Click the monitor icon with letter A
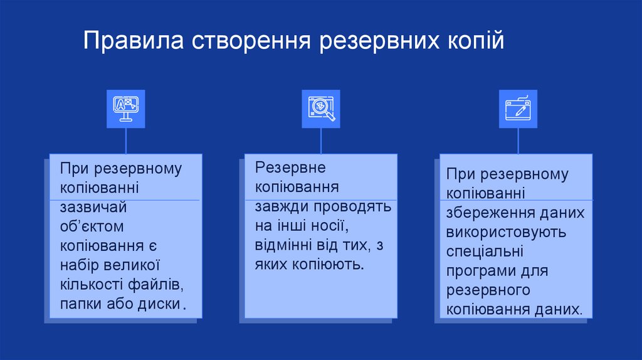(125, 109)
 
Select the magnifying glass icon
(321, 109)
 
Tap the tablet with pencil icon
(518, 109)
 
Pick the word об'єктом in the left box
(92, 226)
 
